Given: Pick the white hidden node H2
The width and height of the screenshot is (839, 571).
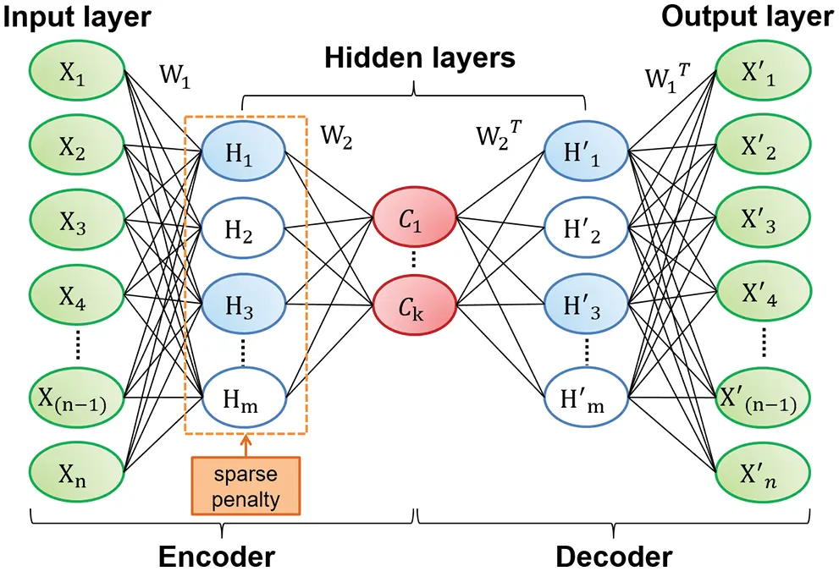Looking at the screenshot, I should (245, 228).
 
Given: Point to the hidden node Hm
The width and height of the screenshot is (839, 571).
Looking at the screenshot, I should (245, 393).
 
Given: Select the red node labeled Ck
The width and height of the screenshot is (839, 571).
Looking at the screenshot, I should (414, 303).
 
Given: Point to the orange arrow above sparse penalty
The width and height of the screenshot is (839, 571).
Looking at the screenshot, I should (246, 445).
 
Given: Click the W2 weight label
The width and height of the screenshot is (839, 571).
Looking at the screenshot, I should (337, 135).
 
